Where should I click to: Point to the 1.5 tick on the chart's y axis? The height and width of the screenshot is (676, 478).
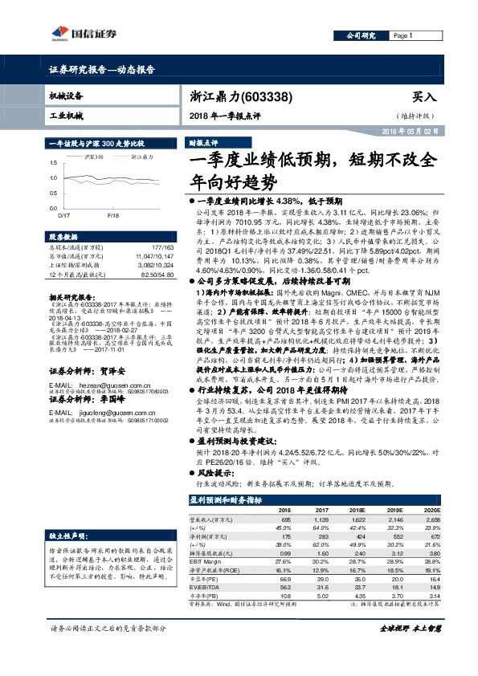click(53, 165)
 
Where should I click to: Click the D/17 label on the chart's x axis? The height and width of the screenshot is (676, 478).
click(64, 216)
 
